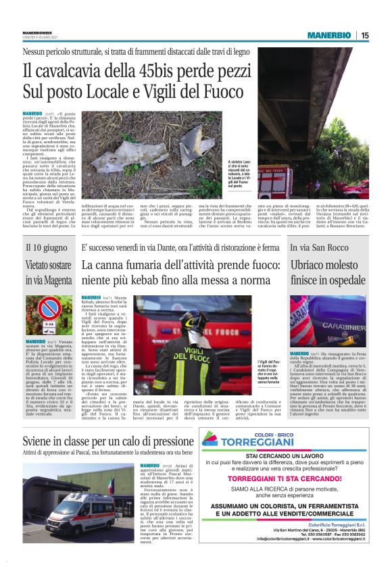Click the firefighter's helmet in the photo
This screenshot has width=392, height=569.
191,322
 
